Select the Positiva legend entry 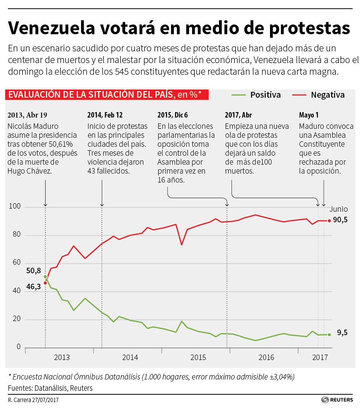pyautogui.click(x=265, y=95)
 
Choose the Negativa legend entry pyautogui.click(x=328, y=95)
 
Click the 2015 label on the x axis pyautogui.click(x=198, y=357)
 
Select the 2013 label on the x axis pyautogui.click(x=62, y=357)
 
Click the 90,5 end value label pyautogui.click(x=340, y=220)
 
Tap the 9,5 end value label pyautogui.click(x=342, y=333)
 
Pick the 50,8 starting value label pyautogui.click(x=34, y=271)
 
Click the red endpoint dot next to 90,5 pyautogui.click(x=329, y=221)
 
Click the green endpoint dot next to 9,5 pyautogui.click(x=329, y=334)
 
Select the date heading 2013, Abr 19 pyautogui.click(x=27, y=115)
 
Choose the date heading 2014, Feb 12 pyautogui.click(x=105, y=115)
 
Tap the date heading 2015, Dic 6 pyautogui.click(x=172, y=115)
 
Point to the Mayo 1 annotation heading pyautogui.click(x=309, y=115)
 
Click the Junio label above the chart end pyautogui.click(x=339, y=209)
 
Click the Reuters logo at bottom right pyautogui.click(x=337, y=400)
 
